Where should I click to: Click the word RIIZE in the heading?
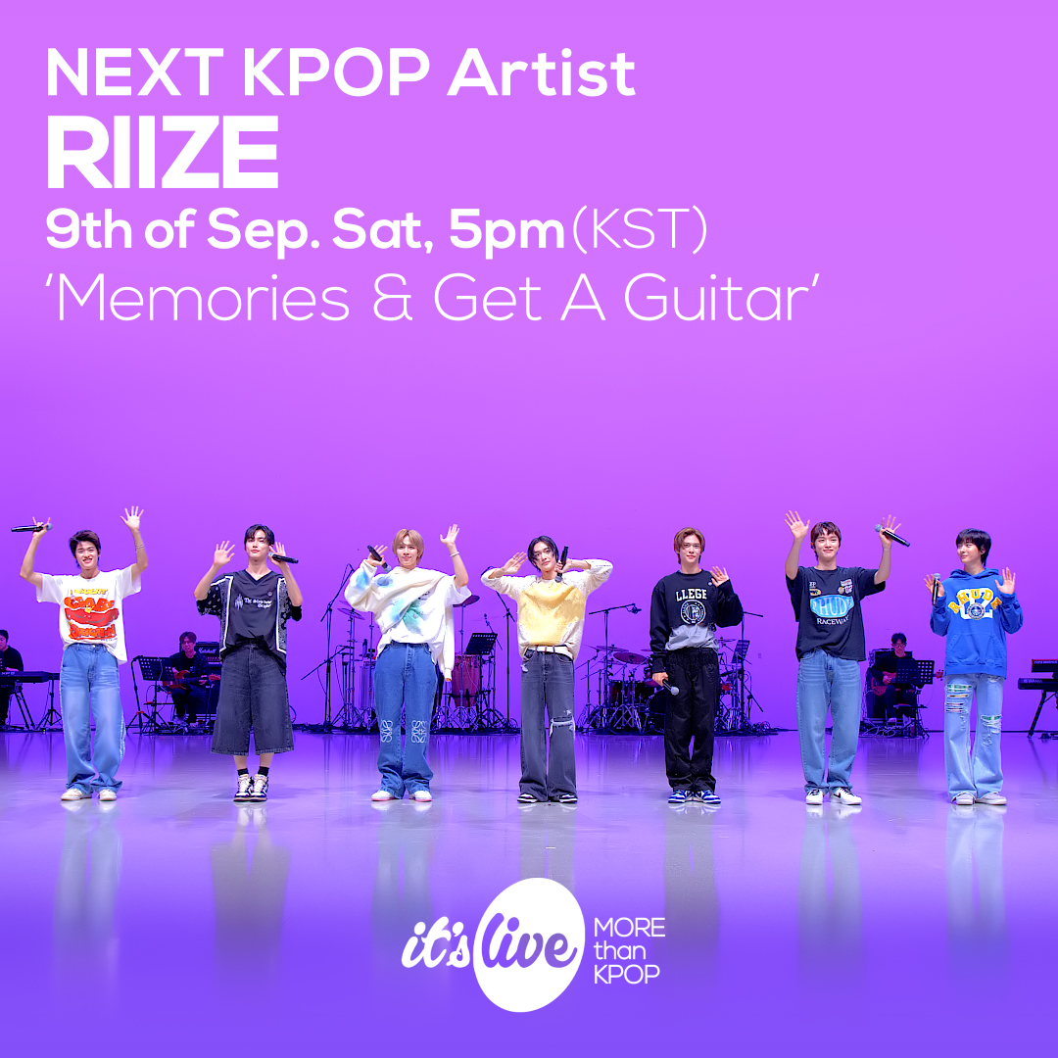click(x=163, y=155)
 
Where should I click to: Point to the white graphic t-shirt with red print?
click(x=90, y=609)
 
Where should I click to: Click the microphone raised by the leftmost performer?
click(x=30, y=528)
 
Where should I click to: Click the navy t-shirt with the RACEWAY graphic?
click(x=834, y=607)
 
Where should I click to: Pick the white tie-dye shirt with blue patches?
click(x=407, y=606)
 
